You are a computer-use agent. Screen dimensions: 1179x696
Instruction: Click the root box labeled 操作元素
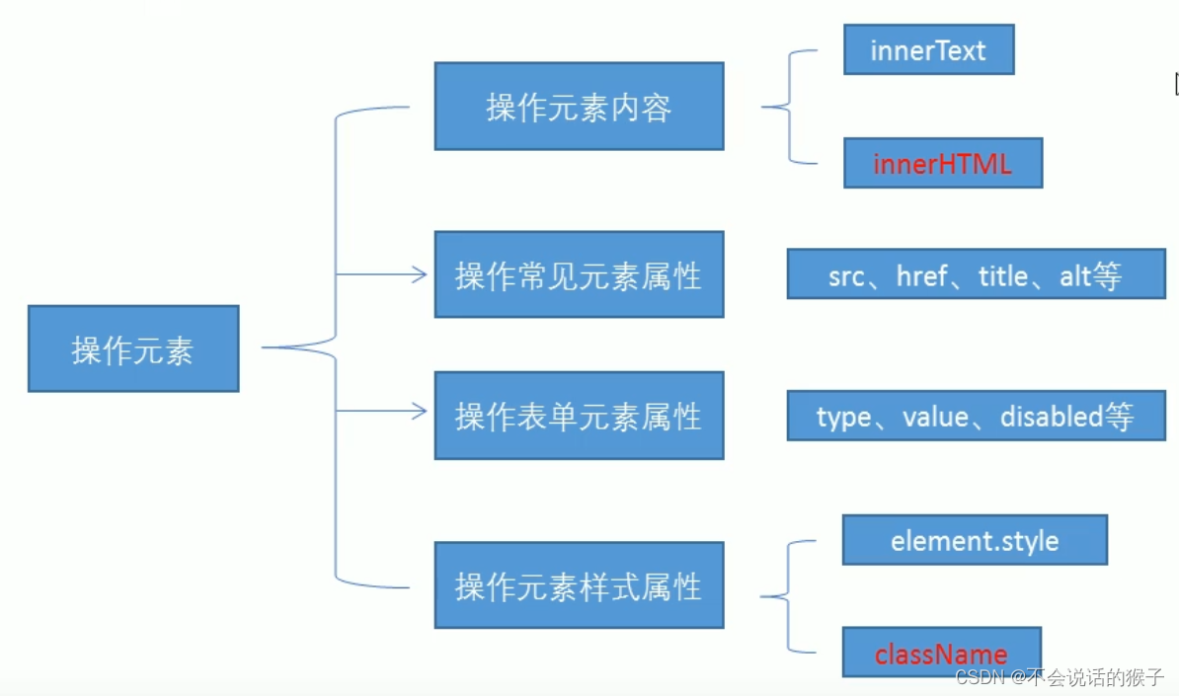(x=134, y=348)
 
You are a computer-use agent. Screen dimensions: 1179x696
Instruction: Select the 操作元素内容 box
(x=579, y=106)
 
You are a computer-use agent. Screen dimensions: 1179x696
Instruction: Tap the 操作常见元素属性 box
(x=579, y=274)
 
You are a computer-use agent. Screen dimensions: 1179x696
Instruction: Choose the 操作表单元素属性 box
(x=579, y=415)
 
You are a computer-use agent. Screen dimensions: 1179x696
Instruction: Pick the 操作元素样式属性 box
(x=579, y=584)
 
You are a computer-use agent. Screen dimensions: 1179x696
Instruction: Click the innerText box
(x=928, y=49)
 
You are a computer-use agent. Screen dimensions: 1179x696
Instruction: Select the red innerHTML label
(x=942, y=164)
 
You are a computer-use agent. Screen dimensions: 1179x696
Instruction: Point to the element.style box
(x=975, y=540)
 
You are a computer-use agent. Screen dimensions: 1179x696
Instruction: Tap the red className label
(x=941, y=654)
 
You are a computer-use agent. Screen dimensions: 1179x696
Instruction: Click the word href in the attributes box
(x=922, y=275)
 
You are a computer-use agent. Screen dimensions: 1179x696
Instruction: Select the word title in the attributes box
(x=1003, y=275)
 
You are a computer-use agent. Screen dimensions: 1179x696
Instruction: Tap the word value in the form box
(x=935, y=417)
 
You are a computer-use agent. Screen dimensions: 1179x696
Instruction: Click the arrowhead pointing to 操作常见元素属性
(x=420, y=274)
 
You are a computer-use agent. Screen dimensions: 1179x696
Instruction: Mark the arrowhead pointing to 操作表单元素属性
(x=420, y=411)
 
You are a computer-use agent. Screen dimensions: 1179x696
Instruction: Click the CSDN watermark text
(x=1060, y=677)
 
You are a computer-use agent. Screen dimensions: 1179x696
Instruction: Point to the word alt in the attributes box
(x=1074, y=275)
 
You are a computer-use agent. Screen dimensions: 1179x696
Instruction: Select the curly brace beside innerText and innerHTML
(x=789, y=107)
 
